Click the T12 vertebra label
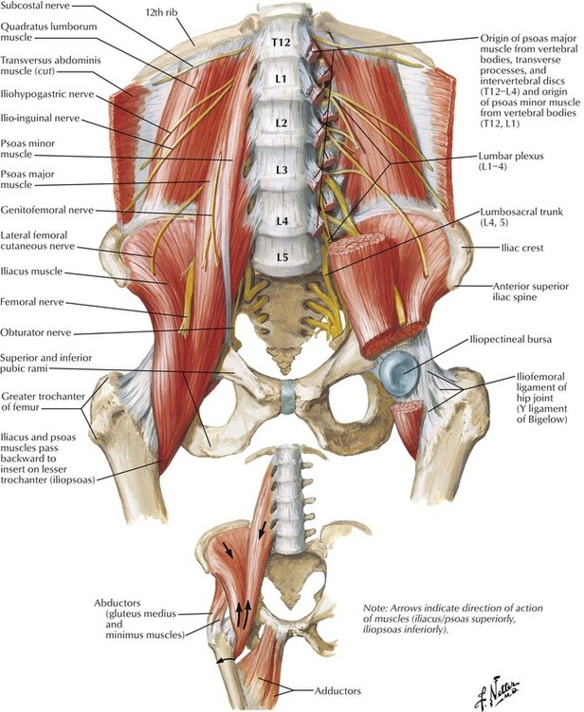281,42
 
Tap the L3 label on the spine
282,170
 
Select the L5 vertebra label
282,257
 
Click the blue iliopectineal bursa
398,369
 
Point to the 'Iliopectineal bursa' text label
511,339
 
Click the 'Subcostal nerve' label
35,6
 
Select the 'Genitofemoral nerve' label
47,210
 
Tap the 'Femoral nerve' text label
32,302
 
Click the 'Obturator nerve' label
36,332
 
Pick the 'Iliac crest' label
522,248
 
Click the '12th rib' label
161,12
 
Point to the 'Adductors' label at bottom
338,691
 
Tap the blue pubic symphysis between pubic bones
288,397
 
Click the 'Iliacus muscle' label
31,272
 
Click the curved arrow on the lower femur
226,660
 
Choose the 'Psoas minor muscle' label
27,149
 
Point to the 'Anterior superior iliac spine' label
531,291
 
